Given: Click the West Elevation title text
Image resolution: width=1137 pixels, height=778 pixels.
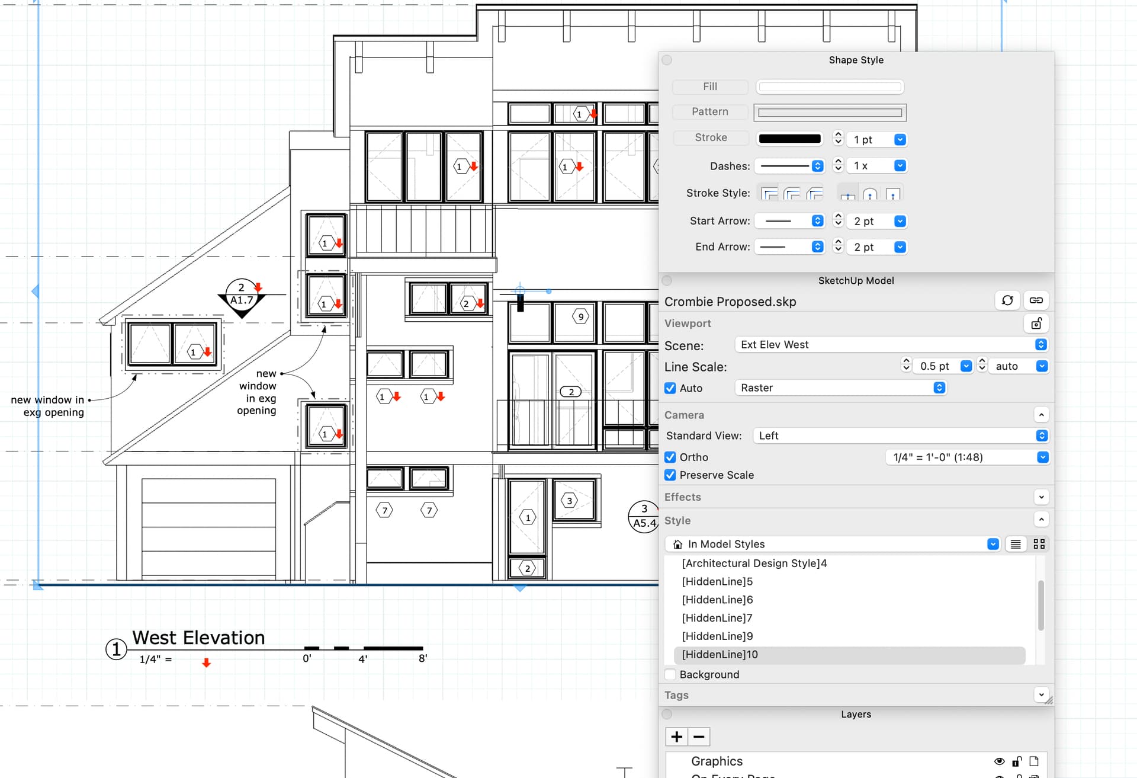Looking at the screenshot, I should (x=198, y=638).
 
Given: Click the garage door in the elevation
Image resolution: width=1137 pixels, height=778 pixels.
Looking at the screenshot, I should (x=208, y=527).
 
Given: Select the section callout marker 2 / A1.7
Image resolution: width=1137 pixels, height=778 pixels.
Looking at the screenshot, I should (x=242, y=295).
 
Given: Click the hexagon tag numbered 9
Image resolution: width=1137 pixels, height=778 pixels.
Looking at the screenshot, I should (x=580, y=316).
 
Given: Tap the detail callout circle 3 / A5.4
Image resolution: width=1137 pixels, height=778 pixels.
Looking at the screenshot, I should (x=644, y=516).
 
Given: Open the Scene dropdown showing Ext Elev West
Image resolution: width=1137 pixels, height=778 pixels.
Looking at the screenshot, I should (x=891, y=345).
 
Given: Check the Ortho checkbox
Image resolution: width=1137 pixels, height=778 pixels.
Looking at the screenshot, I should (x=670, y=457).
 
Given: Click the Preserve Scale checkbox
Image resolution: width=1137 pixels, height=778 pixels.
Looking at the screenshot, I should (x=670, y=475).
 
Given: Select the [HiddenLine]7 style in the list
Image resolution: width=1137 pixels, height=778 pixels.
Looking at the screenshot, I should (x=717, y=618).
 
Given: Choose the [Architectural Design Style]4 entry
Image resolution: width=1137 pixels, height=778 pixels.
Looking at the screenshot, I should (x=754, y=564).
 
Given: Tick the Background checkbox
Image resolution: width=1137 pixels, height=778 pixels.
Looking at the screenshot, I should (x=670, y=675).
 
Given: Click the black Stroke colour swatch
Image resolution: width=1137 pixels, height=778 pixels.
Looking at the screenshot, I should (x=789, y=139).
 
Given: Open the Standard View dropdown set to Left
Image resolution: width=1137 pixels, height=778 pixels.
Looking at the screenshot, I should (x=900, y=436).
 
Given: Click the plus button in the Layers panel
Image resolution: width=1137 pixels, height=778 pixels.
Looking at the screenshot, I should (x=676, y=737).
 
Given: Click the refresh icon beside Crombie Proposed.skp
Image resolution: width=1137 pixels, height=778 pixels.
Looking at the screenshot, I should (x=1007, y=300).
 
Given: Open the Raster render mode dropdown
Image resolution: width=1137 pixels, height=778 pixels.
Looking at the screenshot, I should (x=840, y=388).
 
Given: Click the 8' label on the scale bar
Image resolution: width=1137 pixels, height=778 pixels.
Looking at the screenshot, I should (x=423, y=658).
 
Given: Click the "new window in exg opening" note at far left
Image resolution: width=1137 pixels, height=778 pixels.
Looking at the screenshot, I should (x=48, y=406).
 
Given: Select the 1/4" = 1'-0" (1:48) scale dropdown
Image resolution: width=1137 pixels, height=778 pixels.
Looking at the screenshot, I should (x=967, y=457).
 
